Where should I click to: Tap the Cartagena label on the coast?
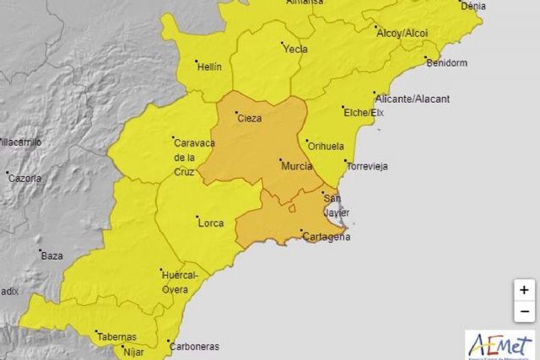pyautogui.click(x=327, y=237)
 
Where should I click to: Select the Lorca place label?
pyautogui.click(x=210, y=223)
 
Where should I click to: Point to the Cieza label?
pyautogui.click(x=250, y=118)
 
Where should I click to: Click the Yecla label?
pyautogui.click(x=294, y=48)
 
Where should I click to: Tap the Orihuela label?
pyautogui.click(x=327, y=146)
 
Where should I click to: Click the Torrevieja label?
pyautogui.click(x=367, y=166)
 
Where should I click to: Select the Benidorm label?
pyautogui.click(x=447, y=63)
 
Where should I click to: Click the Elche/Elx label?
pyautogui.click(x=364, y=111)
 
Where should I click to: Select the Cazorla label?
pyautogui.click(x=24, y=179)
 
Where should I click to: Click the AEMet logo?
pyautogui.click(x=499, y=344)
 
